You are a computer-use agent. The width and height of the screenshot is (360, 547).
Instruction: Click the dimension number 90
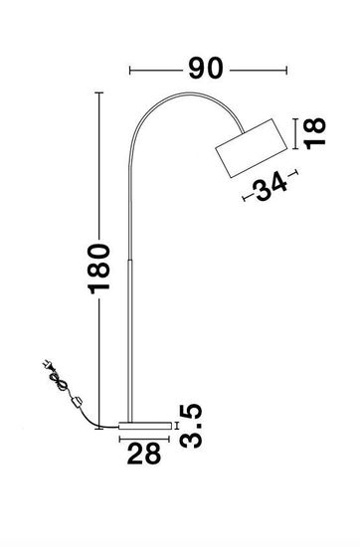206,70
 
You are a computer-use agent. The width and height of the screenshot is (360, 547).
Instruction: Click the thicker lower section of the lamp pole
131,338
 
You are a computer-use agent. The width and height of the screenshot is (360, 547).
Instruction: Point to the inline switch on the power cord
75,401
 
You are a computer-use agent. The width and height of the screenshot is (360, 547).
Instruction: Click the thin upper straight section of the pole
129,199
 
